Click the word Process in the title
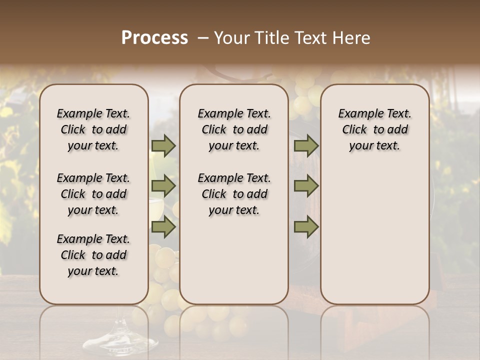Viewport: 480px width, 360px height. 154,38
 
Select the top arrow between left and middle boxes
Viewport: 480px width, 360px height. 163,146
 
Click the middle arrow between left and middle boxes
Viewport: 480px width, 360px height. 163,186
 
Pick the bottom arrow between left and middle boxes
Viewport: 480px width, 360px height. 163,227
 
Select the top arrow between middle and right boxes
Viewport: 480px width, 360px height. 306,146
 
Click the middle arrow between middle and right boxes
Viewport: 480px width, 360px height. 306,186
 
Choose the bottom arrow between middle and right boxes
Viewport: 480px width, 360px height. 306,227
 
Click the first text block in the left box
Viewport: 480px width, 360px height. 93,129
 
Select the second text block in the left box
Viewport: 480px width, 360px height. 93,194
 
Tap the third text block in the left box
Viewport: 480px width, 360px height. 93,255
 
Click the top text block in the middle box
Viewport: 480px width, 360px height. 234,129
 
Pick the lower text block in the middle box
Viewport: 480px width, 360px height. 234,194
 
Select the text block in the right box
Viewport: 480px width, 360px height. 375,129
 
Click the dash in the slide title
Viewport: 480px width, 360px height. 203,38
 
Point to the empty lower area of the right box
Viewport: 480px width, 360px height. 375,240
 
